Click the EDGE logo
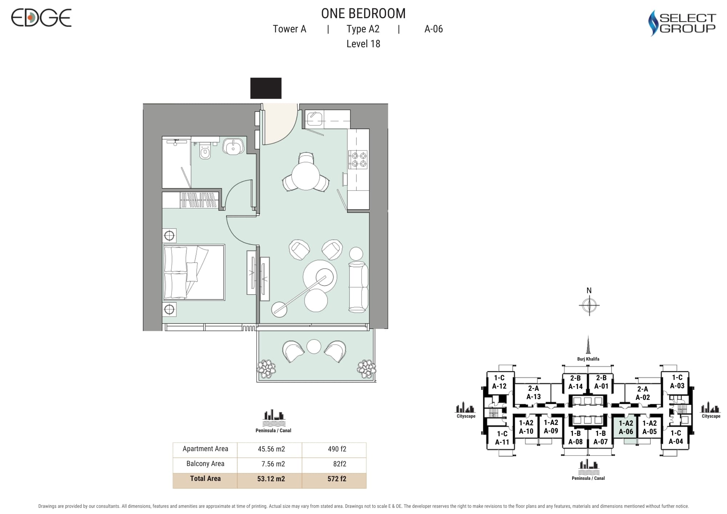41,18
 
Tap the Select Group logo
682,23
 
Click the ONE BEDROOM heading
363,13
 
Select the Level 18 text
363,44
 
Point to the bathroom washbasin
233,146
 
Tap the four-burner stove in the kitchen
358,160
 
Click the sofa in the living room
358,286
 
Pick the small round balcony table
314,346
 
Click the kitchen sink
314,119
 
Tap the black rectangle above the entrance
266,88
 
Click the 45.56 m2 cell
271,449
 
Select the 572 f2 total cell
337,479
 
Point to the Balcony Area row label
205,464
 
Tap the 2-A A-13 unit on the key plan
534,393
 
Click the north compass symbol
589,305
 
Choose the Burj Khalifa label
588,359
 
